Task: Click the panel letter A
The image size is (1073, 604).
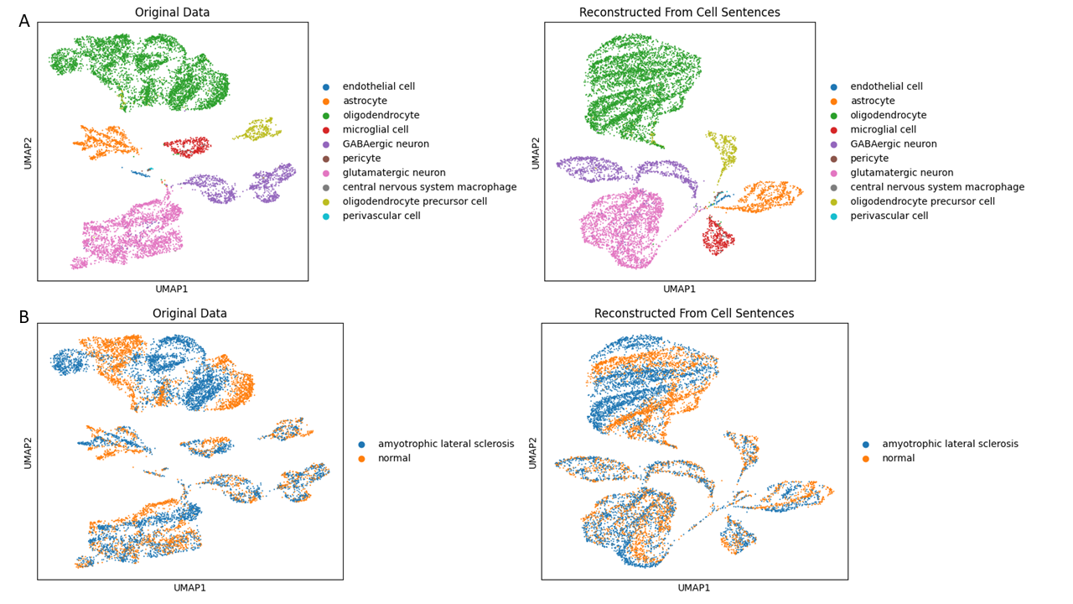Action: pyautogui.click(x=24, y=22)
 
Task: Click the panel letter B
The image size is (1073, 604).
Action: pyautogui.click(x=24, y=318)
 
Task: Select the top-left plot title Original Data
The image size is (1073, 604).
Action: pyautogui.click(x=172, y=13)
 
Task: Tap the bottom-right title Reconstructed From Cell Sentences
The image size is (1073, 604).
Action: pyautogui.click(x=693, y=314)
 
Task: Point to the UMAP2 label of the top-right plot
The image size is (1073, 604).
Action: pyautogui.click(x=536, y=153)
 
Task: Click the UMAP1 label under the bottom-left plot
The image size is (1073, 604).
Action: pyautogui.click(x=189, y=588)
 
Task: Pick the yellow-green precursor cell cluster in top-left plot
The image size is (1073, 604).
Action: pyautogui.click(x=257, y=130)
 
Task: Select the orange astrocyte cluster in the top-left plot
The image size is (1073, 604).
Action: pyautogui.click(x=104, y=142)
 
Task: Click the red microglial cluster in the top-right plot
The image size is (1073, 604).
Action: pyautogui.click(x=717, y=237)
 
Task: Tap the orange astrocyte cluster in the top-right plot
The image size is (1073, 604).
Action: pyautogui.click(x=763, y=197)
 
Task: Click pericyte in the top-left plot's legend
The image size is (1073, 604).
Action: pyautogui.click(x=361, y=159)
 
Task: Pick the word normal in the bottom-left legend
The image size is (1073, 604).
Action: pyautogui.click(x=395, y=459)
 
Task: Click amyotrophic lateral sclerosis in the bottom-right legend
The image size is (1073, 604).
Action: pyautogui.click(x=950, y=444)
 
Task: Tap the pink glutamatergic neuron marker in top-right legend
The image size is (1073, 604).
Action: pyautogui.click(x=833, y=173)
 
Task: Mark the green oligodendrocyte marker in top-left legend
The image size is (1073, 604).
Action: pyautogui.click(x=326, y=116)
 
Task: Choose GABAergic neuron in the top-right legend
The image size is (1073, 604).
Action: pyautogui.click(x=894, y=144)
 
